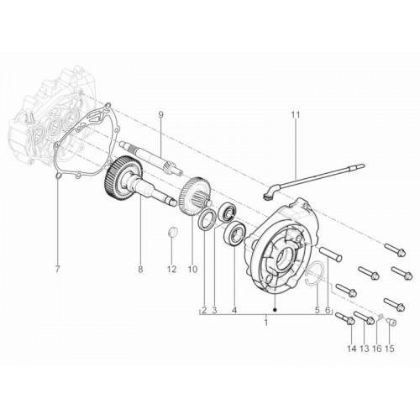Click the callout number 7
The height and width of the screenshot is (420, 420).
[x=57, y=270]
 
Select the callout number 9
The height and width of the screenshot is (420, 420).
[x=160, y=115]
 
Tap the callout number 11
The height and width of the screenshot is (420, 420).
[x=296, y=115]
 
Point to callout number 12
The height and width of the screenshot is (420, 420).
[x=171, y=270]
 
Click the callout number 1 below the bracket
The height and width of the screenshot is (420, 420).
[x=266, y=322]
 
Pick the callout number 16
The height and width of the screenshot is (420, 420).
[x=377, y=349]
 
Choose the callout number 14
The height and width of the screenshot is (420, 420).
[x=351, y=349]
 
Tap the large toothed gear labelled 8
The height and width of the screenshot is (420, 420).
[x=124, y=179]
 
